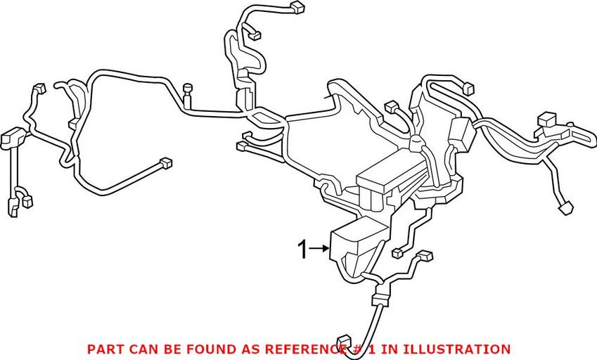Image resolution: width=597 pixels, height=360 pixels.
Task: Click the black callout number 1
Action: pyautogui.click(x=303, y=250)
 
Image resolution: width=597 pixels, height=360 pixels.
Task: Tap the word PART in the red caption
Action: pyautogui.click(x=103, y=349)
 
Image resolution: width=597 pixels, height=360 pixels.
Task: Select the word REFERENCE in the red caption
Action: pyautogui.click(x=308, y=349)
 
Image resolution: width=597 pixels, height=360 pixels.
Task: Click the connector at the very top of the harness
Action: pyautogui.click(x=297, y=8)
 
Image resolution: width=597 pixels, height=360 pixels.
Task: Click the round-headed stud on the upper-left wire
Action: pyautogui.click(x=188, y=89)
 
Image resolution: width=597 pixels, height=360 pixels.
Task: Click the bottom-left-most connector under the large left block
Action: pyautogui.click(x=13, y=207)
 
